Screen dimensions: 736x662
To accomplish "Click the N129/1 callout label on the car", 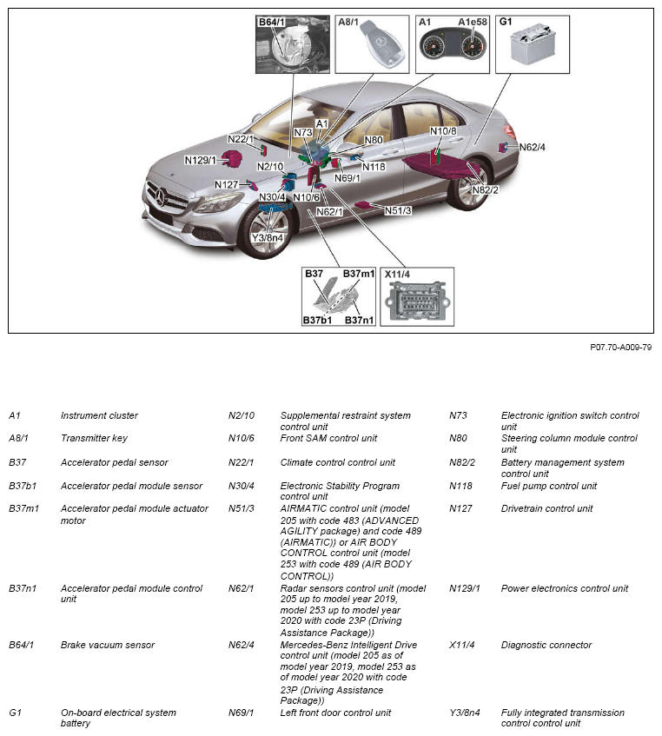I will point(200,160).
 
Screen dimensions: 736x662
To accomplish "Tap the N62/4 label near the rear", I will point(532,147).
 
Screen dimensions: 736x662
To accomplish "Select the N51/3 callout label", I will point(398,210).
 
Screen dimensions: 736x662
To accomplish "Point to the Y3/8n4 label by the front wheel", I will point(268,237).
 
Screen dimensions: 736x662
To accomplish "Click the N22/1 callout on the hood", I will point(241,139).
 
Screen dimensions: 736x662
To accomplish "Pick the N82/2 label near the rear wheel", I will point(485,189).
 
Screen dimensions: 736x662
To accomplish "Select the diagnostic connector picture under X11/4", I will point(416,302).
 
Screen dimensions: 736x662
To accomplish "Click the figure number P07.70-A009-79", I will point(620,348).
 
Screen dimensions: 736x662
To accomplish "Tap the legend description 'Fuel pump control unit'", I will point(549,486).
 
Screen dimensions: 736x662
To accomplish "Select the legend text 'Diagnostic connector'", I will point(546,645).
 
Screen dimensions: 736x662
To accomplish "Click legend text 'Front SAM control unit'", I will point(328,439).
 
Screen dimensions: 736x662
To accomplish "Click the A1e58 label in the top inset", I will point(473,22).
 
